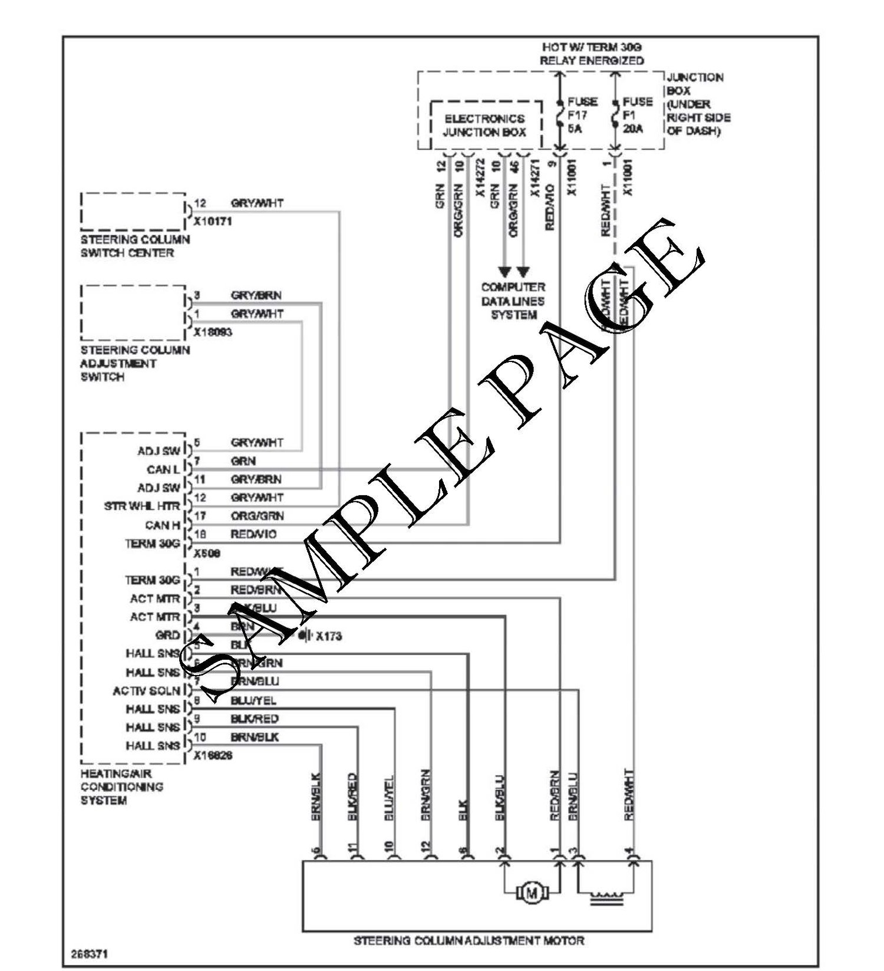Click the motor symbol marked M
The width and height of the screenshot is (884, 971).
click(532, 893)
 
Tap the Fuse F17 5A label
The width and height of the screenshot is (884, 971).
click(582, 114)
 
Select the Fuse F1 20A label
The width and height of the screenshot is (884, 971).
click(637, 114)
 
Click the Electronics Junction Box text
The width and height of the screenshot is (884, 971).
click(484, 125)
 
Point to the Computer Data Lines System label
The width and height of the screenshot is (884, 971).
click(513, 301)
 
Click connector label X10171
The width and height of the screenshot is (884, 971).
click(213, 222)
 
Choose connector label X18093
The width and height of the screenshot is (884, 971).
click(213, 333)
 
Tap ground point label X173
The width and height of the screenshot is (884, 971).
click(328, 636)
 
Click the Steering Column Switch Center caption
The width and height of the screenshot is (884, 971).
click(135, 246)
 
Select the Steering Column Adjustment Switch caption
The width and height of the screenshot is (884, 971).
click(135, 363)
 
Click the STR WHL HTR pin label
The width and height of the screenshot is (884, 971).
click(142, 506)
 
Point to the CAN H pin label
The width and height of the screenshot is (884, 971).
click(162, 525)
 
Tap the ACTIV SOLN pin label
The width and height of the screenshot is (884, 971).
click(146, 690)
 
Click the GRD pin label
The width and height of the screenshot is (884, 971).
click(167, 636)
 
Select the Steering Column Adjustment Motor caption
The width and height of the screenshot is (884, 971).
click(469, 940)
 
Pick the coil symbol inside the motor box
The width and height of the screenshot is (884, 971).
click(606, 897)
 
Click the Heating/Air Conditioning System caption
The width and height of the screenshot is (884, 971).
click(122, 786)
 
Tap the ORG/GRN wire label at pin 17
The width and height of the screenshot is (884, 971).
click(257, 516)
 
